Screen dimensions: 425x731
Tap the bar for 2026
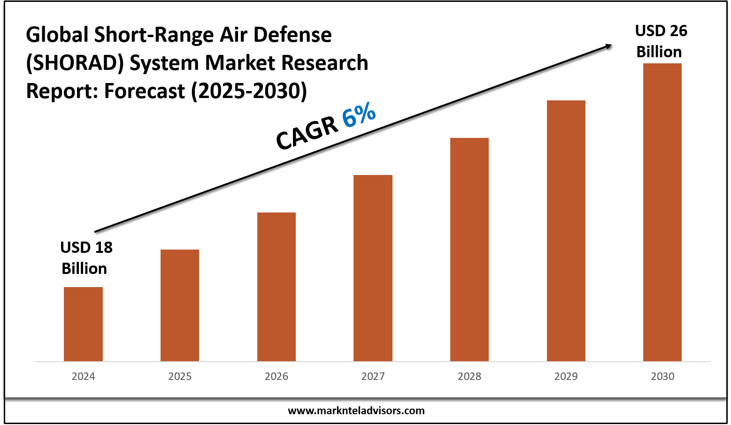[x=277, y=287]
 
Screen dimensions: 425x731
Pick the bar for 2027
[x=373, y=268]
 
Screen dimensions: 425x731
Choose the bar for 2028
[x=469, y=249]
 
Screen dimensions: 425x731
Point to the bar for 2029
[x=566, y=230]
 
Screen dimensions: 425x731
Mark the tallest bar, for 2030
[x=662, y=212]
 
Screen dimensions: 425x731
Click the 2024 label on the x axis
[x=83, y=376]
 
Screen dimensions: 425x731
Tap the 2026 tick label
[x=277, y=376]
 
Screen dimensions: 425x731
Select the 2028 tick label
[x=469, y=376]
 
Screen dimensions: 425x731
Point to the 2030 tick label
[x=662, y=376]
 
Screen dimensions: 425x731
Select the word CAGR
[x=307, y=134]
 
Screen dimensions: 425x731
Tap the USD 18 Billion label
[x=86, y=258]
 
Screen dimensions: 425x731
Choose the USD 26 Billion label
[x=660, y=41]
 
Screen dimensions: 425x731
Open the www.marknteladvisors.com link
[x=356, y=410]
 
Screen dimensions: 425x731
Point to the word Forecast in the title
[x=145, y=91]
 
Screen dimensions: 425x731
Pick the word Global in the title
[x=57, y=35]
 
